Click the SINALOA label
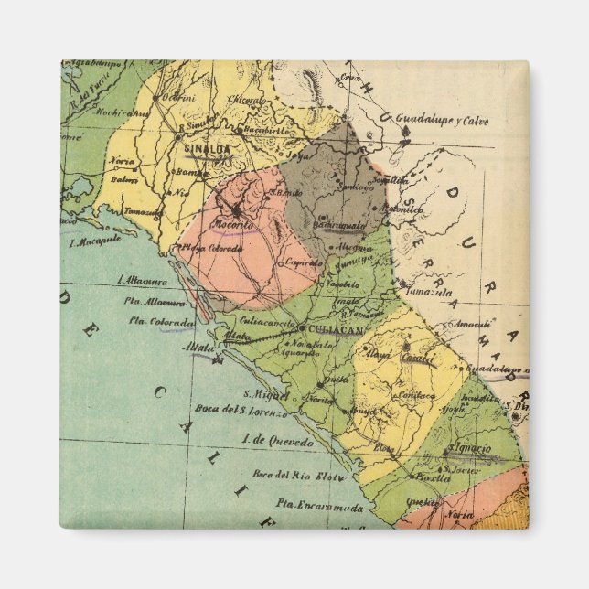click(x=208, y=145)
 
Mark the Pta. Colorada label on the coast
click(x=162, y=321)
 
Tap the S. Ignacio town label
click(x=470, y=449)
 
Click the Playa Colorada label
click(x=211, y=247)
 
